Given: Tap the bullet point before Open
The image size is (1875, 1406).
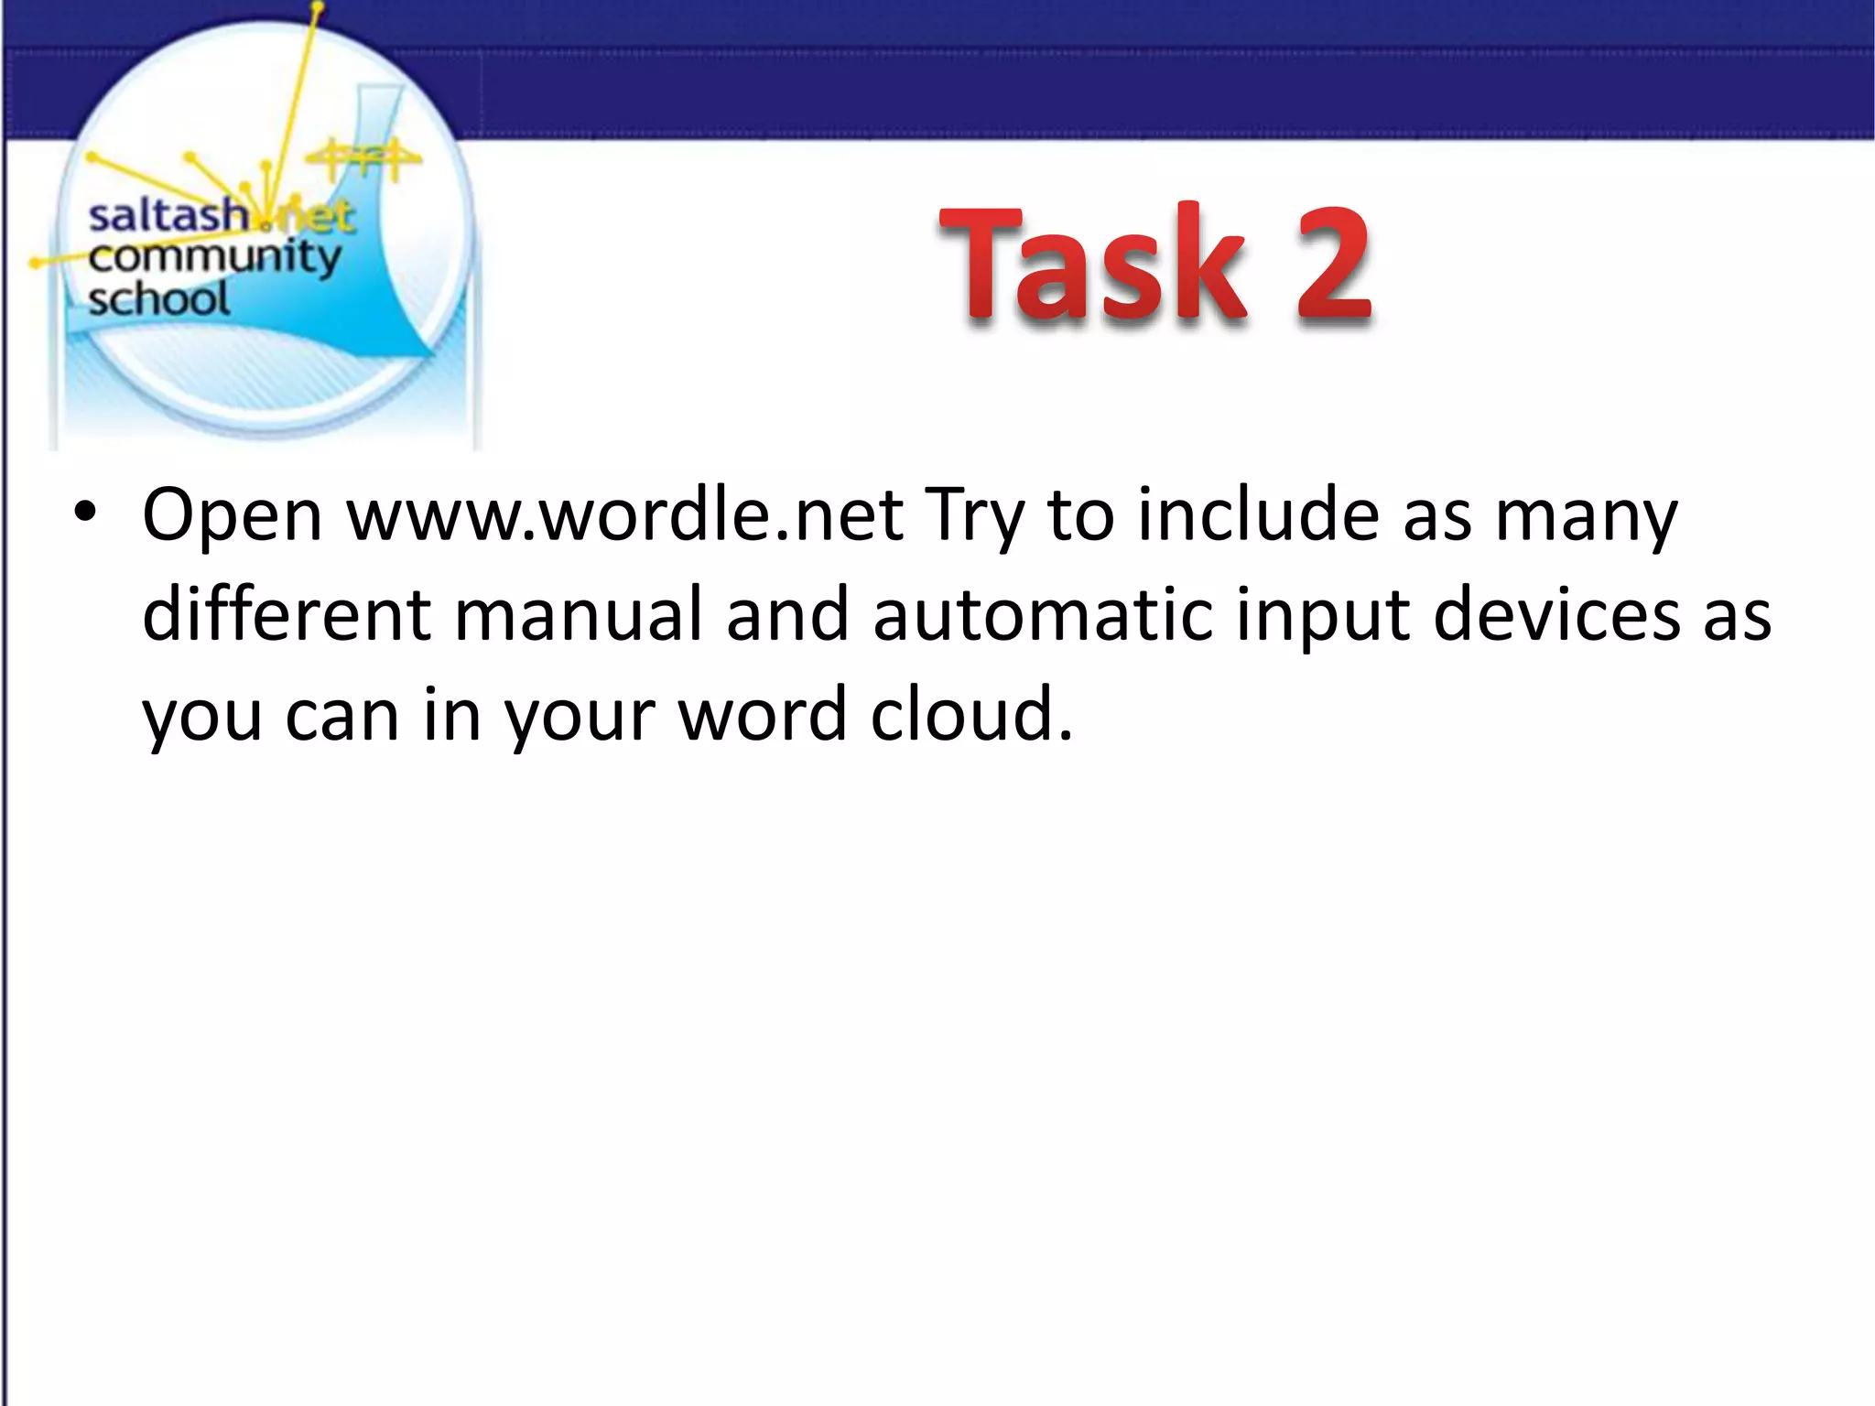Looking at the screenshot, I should click(x=85, y=513).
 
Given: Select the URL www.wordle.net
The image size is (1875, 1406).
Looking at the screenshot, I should click(x=625, y=515).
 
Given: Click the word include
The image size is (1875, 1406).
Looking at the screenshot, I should click(x=1258, y=515).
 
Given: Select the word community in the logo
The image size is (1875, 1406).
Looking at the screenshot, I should click(x=214, y=258).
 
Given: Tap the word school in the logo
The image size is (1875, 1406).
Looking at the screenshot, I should click(x=158, y=299).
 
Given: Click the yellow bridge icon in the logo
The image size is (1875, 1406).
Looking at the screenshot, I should click(x=364, y=160).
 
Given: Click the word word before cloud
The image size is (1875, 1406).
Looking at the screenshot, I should click(x=762, y=714).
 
